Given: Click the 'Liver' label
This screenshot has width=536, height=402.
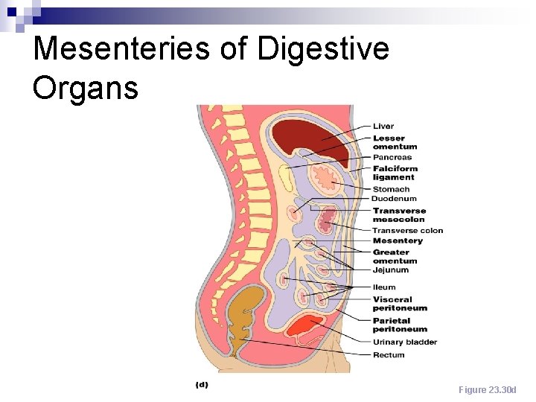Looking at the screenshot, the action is pyautogui.click(x=383, y=127).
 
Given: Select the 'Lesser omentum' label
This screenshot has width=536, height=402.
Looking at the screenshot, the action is pyautogui.click(x=395, y=142).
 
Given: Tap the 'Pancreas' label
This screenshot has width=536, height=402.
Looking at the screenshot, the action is pyautogui.click(x=392, y=158).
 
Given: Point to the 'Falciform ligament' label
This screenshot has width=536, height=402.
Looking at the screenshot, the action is pyautogui.click(x=395, y=173).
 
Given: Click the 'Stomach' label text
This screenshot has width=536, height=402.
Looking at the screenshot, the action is pyautogui.click(x=391, y=189).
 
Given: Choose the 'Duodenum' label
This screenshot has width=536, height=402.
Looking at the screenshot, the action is pyautogui.click(x=395, y=199).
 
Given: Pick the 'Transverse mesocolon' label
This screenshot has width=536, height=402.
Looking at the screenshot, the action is pyautogui.click(x=399, y=215).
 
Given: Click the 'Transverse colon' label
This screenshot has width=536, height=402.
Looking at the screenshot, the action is pyautogui.click(x=407, y=231).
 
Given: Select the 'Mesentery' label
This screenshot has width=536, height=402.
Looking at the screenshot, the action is pyautogui.click(x=398, y=241).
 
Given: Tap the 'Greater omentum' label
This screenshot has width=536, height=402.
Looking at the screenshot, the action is pyautogui.click(x=395, y=257).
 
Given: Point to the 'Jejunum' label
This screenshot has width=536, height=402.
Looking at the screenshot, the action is pyautogui.click(x=391, y=270).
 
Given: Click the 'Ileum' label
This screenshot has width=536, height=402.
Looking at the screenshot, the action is pyautogui.click(x=384, y=287).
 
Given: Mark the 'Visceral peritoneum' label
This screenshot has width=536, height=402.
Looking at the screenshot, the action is pyautogui.click(x=400, y=304).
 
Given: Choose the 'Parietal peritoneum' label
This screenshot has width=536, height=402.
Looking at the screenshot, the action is pyautogui.click(x=400, y=325).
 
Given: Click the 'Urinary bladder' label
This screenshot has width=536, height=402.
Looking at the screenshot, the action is pyautogui.click(x=404, y=342).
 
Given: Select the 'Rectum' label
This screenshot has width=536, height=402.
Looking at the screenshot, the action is pyautogui.click(x=389, y=355).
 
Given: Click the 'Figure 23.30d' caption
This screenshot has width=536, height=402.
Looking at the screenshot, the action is pyautogui.click(x=487, y=390).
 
